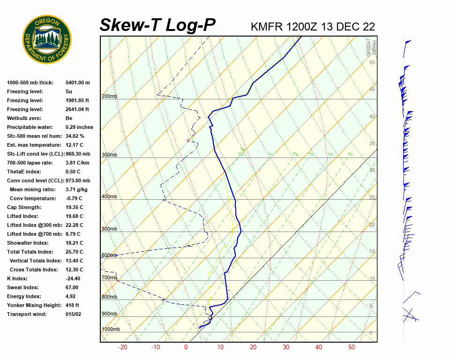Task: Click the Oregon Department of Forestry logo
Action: click(47, 40)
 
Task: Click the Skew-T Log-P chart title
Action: click(157, 25)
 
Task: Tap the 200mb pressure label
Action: click(109, 96)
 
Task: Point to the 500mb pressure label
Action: click(109, 229)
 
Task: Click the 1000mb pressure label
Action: click(111, 329)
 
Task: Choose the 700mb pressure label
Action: click(109, 277)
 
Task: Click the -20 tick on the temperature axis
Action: click(123, 347)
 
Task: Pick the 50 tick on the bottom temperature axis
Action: click(351, 347)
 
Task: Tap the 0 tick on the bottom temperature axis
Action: click(186, 347)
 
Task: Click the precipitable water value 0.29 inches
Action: click(79, 127)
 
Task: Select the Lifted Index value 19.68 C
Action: click(74, 216)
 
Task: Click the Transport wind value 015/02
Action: click(74, 314)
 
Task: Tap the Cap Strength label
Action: click(24, 207)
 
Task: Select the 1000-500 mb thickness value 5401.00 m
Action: click(77, 82)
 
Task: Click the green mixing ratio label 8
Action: click(350, 154)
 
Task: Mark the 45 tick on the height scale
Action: click(372, 89)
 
